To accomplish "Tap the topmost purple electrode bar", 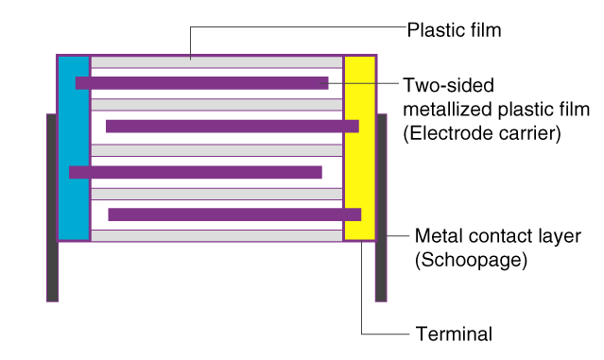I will tap(201, 83).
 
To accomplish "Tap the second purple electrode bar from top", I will tap(232, 127).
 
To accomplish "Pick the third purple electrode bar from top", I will tap(196, 172).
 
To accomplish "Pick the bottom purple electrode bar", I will tap(233, 214).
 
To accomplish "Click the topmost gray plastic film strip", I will tap(216, 61).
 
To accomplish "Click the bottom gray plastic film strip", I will tap(216, 235).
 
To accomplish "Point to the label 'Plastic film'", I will tap(453, 30).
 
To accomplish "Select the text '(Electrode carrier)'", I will tap(481, 133).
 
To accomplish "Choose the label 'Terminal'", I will tap(454, 334).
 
